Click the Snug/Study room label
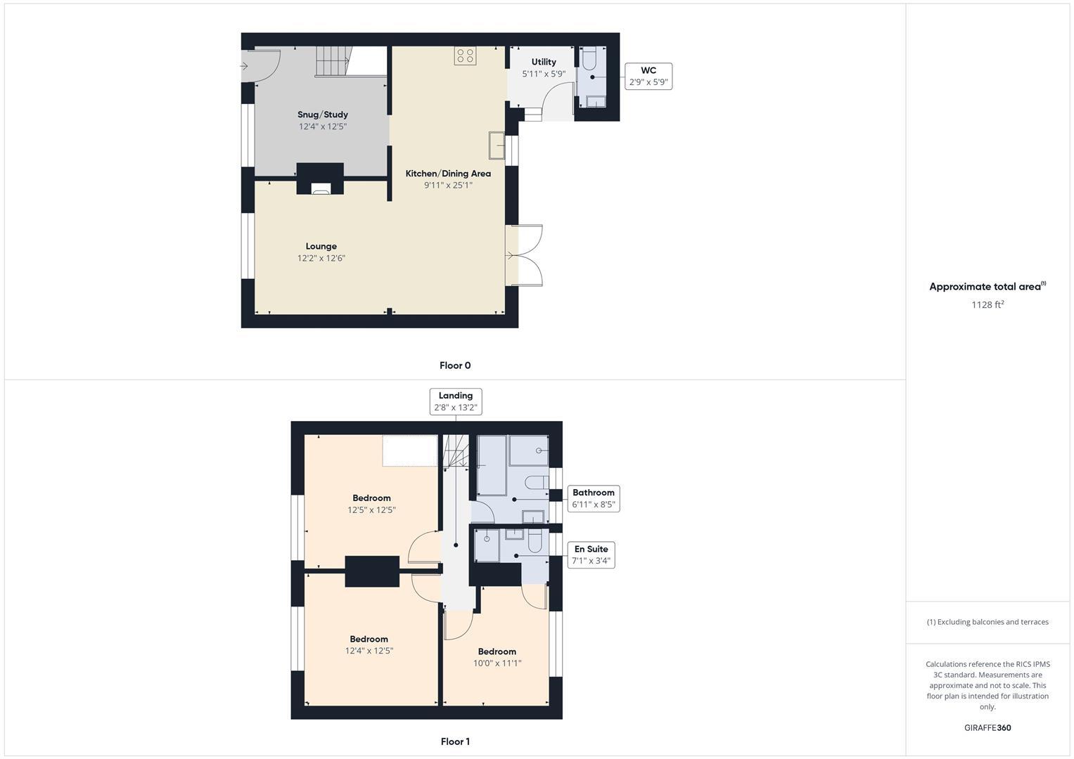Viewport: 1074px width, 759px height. click(x=322, y=115)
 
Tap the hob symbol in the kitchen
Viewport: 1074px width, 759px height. click(x=465, y=56)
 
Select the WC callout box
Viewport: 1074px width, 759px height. click(x=648, y=77)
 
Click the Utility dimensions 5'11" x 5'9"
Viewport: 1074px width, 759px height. click(x=543, y=74)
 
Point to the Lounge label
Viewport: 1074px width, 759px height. click(x=321, y=247)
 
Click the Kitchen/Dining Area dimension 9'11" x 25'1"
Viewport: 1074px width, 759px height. click(x=448, y=186)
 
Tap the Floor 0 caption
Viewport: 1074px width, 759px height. click(x=455, y=365)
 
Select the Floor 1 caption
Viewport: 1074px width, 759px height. click(x=455, y=741)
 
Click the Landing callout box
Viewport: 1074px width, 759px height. click(x=456, y=401)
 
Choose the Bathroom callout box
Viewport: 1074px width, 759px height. click(x=594, y=498)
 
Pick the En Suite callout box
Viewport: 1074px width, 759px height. click(x=591, y=555)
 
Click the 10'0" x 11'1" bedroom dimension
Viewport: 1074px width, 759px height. click(x=497, y=663)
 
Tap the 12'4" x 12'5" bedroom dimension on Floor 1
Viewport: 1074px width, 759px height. click(x=369, y=651)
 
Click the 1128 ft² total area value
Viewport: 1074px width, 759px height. click(x=987, y=305)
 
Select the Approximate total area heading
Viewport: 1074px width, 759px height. click(x=987, y=287)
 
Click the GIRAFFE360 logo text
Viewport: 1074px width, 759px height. click(x=987, y=728)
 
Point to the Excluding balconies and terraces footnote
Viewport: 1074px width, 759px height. click(x=987, y=622)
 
